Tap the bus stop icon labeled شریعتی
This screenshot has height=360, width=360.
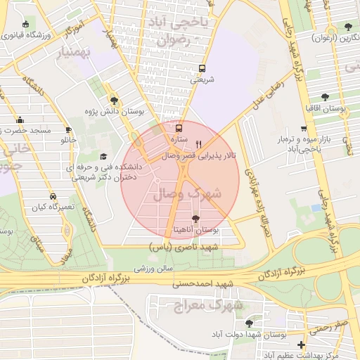tap(202, 68)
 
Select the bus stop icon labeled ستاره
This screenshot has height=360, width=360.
tap(179, 128)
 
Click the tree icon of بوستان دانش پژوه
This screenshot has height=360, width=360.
tap(114, 101)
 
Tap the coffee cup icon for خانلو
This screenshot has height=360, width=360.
tap(68, 129)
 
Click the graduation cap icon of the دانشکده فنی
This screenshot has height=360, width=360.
tap(104, 157)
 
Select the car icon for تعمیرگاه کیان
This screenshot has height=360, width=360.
tap(53, 196)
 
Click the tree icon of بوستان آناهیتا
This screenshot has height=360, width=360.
tap(195, 219)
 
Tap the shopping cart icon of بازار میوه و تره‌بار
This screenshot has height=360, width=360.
tap(303, 129)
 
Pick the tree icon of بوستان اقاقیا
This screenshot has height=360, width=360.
tap(324, 98)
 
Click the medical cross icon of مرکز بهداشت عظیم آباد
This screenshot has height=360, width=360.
tap(302, 345)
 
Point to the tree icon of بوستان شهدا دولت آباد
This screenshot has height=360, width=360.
tap(249, 323)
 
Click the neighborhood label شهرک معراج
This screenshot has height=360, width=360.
tap(208, 306)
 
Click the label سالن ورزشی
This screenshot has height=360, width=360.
tap(154, 269)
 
